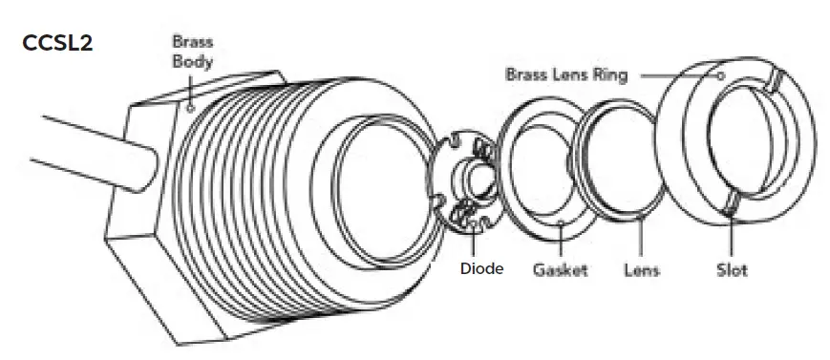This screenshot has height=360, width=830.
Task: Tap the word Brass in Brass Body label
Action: (x=192, y=42)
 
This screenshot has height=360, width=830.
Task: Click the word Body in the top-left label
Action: (x=192, y=61)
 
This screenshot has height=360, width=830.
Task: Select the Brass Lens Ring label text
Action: (x=566, y=74)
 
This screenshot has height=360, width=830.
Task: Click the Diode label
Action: (x=481, y=268)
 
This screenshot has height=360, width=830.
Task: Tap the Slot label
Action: (x=732, y=269)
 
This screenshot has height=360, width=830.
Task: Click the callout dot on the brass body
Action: (x=190, y=108)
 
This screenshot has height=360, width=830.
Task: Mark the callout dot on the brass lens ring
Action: (x=721, y=74)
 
